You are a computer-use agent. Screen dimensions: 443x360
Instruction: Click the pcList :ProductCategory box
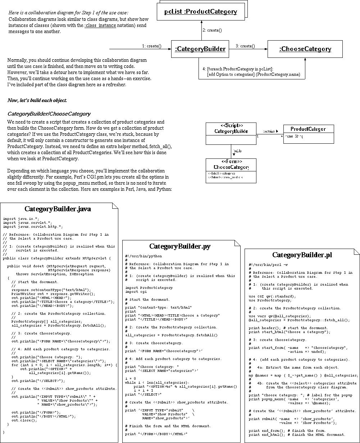(201, 11)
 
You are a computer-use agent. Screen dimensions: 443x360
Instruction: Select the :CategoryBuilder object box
(200, 49)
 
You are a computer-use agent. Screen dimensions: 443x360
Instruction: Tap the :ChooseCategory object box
(305, 49)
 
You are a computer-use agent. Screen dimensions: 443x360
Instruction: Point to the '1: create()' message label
(151, 46)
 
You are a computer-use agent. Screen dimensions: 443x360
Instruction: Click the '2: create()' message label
(212, 30)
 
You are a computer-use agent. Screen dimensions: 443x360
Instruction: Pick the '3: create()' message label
(245, 46)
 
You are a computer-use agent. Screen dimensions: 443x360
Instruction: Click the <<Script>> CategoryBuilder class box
(231, 134)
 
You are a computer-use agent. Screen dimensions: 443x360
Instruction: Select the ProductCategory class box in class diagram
(308, 133)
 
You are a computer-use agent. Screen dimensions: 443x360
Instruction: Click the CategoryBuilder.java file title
(58, 209)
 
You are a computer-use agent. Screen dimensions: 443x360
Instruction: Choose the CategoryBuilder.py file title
(180, 246)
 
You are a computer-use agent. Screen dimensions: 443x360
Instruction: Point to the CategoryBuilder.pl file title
(302, 255)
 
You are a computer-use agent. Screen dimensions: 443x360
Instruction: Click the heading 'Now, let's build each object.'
(37, 100)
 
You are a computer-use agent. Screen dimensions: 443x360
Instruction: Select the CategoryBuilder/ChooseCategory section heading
(49, 114)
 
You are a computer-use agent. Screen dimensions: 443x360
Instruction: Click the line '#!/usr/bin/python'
(143, 256)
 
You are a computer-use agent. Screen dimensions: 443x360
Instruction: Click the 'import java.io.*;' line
(21, 218)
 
